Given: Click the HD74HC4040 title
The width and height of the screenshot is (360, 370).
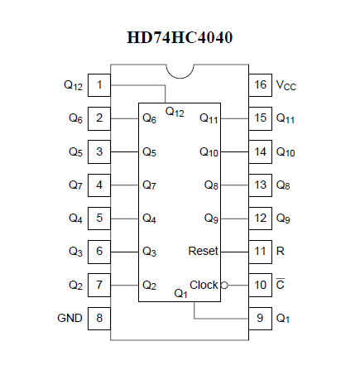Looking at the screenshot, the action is click(x=180, y=37).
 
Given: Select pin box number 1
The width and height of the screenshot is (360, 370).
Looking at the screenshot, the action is click(x=99, y=85).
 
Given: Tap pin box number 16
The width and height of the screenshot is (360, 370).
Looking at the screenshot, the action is click(x=260, y=85).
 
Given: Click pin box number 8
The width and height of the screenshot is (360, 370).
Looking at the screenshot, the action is click(x=99, y=319).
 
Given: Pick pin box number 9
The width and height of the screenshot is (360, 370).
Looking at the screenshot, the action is click(x=260, y=319).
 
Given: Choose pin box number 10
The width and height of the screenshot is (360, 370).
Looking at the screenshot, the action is click(x=260, y=285).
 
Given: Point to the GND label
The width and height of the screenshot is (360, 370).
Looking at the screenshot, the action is click(x=70, y=318).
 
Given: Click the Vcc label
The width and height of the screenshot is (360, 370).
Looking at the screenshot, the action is click(x=286, y=85).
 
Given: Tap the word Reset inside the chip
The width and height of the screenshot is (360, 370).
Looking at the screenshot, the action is click(x=203, y=251).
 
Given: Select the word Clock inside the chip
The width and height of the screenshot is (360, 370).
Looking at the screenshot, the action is click(x=204, y=285).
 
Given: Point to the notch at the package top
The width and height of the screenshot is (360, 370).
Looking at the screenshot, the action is click(x=180, y=78).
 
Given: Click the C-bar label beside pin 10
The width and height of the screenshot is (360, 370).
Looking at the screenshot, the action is click(x=281, y=284).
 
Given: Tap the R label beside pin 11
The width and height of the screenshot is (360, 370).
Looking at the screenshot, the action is click(x=280, y=251).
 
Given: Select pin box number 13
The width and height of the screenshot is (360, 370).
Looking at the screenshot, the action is click(x=260, y=185).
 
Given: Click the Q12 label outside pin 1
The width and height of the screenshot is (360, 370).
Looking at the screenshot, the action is click(x=73, y=85).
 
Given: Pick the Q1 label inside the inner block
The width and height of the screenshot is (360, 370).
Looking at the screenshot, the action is click(x=180, y=293).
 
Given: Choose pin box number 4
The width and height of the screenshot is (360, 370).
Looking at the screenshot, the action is click(x=99, y=185).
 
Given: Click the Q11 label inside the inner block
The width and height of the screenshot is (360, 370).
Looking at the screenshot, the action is click(x=209, y=118).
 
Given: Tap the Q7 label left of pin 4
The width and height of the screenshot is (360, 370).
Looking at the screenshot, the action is click(x=75, y=185).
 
